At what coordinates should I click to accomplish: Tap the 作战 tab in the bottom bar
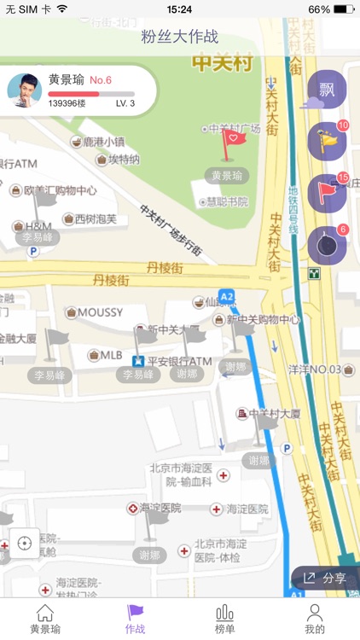click(135, 619)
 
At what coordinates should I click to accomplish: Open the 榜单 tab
click(225, 619)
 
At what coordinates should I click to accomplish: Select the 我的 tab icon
click(315, 619)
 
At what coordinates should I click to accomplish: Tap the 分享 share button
click(325, 578)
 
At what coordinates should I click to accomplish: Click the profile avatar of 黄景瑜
click(25, 89)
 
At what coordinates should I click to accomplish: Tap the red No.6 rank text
click(101, 80)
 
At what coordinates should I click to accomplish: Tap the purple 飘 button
click(327, 90)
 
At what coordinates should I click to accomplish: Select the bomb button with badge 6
click(327, 246)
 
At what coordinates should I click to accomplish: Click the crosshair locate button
click(23, 543)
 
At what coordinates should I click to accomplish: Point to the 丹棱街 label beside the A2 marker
click(109, 280)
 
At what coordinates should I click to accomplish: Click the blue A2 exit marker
click(226, 296)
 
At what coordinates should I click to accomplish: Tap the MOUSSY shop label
click(100, 312)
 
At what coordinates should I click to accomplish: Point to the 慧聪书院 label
click(227, 202)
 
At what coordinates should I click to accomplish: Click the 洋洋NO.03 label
click(315, 370)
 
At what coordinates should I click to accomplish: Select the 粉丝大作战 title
click(180, 37)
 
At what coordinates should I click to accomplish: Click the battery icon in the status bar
click(345, 9)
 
